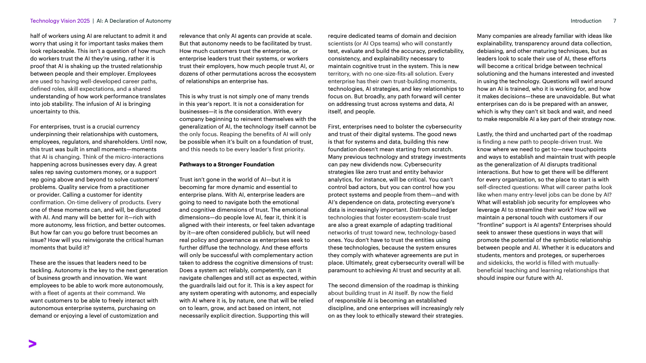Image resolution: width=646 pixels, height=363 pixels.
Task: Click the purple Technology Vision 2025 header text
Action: (60, 21)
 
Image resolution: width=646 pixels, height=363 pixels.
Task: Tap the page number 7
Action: (615, 21)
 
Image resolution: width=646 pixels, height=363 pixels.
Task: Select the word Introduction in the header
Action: (586, 21)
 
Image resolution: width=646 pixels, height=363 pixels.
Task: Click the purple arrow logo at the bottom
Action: (33, 344)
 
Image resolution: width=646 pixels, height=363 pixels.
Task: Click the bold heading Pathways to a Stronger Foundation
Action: (227, 164)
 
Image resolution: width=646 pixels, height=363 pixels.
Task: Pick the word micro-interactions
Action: (137, 157)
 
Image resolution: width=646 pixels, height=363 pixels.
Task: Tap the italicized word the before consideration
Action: (228, 112)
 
